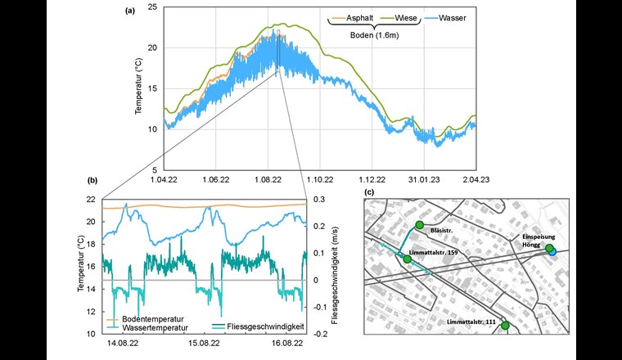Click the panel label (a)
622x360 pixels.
tap(129, 11)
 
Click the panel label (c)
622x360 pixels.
tap(369, 191)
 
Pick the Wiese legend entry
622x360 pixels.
tap(399, 16)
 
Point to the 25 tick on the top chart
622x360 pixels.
tap(153, 7)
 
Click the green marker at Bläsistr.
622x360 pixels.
tap(419, 225)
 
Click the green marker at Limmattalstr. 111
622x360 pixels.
tap(505, 326)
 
